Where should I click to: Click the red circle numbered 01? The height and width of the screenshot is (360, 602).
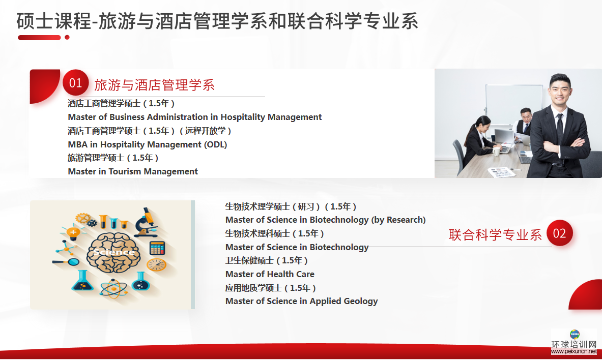point(76,82)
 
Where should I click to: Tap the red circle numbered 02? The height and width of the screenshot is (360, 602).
point(559,233)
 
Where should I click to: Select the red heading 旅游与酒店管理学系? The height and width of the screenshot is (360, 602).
point(154,85)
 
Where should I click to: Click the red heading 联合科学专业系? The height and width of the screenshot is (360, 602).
point(495,234)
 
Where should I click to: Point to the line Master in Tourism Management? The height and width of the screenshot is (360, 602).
point(133,171)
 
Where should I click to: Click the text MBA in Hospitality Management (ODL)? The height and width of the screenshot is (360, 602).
point(148,145)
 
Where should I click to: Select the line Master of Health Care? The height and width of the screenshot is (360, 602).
point(270,274)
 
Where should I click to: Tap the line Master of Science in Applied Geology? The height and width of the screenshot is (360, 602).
point(301,302)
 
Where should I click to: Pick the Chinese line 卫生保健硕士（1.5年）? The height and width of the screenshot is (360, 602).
point(267,261)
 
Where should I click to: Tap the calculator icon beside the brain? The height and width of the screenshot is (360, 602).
point(157,248)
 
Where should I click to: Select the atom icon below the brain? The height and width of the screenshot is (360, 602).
point(113,289)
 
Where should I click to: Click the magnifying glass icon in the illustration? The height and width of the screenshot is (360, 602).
point(66,262)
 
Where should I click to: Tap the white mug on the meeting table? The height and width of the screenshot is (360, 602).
point(497,151)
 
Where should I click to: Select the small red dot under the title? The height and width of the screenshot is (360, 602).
point(67,37)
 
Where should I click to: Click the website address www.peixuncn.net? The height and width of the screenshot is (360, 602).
point(574,351)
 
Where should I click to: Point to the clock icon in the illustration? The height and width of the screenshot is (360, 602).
point(157,265)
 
